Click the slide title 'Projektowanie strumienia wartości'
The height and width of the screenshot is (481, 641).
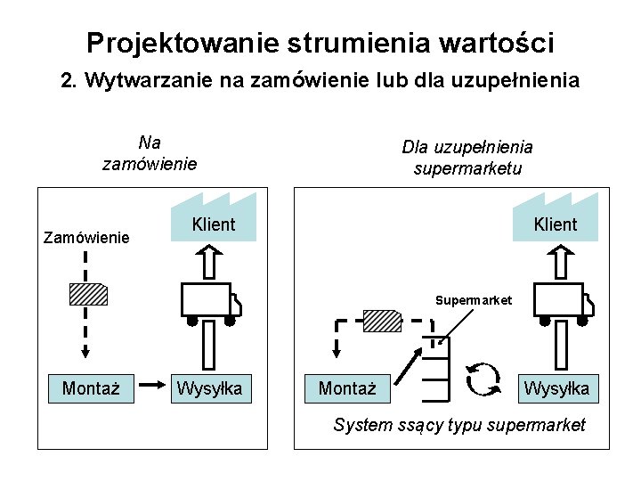click(320, 42)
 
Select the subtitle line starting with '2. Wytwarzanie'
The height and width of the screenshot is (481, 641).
click(320, 81)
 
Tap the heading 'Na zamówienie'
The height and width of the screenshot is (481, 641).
click(150, 152)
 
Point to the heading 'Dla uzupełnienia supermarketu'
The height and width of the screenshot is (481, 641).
click(467, 158)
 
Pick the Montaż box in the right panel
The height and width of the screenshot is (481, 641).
click(347, 388)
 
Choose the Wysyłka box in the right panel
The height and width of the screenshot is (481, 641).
click(556, 388)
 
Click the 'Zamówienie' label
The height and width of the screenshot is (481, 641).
click(86, 238)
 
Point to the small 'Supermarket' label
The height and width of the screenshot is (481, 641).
click(473, 300)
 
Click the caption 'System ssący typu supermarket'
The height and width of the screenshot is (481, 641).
click(459, 425)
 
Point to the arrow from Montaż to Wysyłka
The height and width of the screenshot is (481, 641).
click(152, 387)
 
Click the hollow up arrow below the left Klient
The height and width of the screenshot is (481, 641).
click(210, 262)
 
